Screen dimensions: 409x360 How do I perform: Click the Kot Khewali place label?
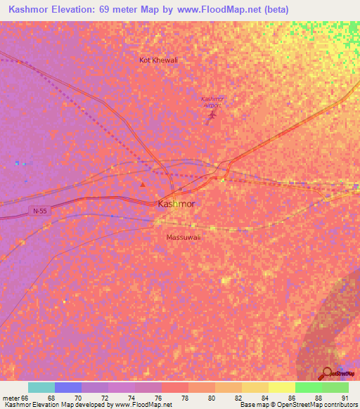[158, 60]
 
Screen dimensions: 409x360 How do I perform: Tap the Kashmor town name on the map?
[176, 204]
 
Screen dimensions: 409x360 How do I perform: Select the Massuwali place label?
[184, 237]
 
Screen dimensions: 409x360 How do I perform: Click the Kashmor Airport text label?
[212, 101]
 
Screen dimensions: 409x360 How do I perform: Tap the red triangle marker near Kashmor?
[143, 185]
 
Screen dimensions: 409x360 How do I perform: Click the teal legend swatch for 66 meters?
[41, 387]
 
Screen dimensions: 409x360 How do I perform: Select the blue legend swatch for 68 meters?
[68, 387]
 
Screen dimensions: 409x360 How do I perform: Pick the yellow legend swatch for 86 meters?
[282, 387]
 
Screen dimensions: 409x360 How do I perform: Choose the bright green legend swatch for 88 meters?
[309, 387]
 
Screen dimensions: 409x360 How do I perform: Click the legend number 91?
[344, 398]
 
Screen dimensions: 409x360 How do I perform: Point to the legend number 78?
[185, 398]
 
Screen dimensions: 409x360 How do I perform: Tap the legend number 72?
[105, 398]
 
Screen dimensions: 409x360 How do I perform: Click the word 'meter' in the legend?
[11, 398]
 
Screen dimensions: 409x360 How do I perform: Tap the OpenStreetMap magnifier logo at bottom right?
[328, 373]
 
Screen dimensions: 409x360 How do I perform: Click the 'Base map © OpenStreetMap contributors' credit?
[298, 405]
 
